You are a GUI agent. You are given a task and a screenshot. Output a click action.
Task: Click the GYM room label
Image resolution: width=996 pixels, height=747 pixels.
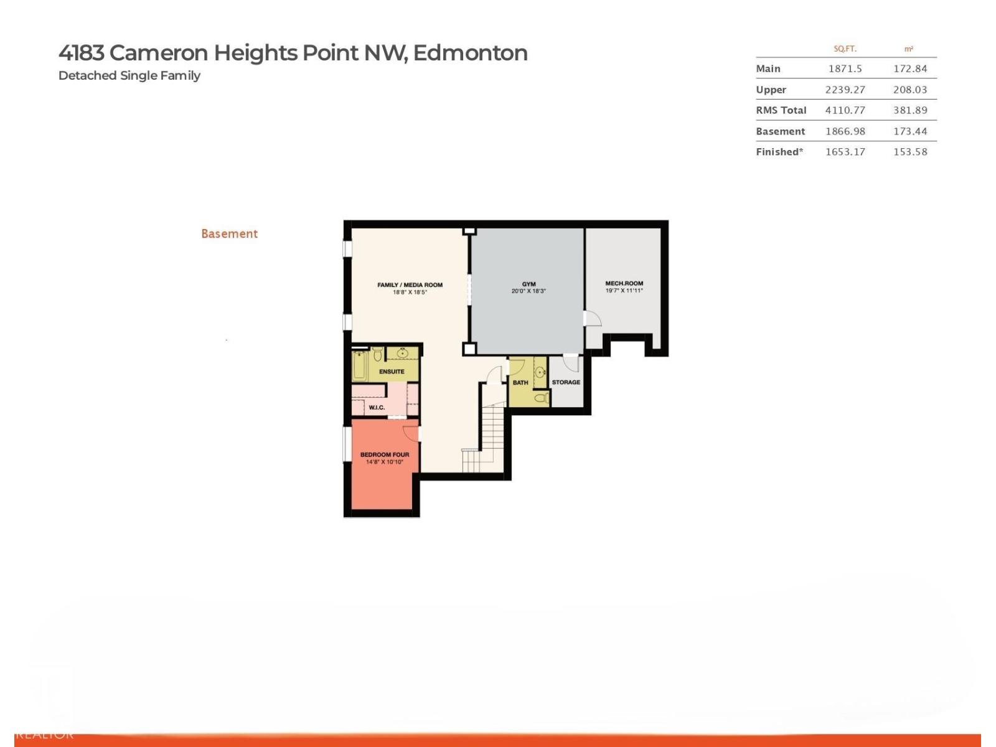click(x=529, y=284)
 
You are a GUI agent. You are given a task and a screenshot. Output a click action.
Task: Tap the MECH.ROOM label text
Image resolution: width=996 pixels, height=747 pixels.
click(x=624, y=283)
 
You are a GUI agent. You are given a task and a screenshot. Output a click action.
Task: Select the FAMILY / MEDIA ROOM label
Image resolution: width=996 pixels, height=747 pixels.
click(x=410, y=285)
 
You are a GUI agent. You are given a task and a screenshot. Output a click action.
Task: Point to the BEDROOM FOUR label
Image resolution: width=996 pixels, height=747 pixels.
click(x=385, y=454)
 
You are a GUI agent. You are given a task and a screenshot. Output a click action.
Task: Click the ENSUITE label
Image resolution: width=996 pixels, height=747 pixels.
click(x=392, y=372)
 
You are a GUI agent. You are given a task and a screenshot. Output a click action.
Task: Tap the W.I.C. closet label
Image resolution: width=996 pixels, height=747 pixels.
click(x=377, y=408)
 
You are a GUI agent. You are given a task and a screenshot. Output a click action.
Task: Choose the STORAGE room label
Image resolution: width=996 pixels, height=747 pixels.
click(x=566, y=382)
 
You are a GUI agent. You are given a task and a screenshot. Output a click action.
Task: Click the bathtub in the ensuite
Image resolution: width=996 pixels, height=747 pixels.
click(x=359, y=366)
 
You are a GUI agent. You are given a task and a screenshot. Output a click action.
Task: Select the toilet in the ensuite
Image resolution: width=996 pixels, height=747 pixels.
click(x=378, y=355)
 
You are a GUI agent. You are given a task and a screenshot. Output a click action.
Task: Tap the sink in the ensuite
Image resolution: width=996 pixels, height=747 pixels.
click(x=402, y=354)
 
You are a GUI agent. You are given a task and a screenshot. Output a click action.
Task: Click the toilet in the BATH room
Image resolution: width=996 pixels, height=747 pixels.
click(x=540, y=397)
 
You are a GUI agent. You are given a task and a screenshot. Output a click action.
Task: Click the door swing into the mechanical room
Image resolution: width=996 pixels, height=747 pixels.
click(x=593, y=318)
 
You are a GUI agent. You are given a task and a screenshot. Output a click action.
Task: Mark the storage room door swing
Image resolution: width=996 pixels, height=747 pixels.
click(x=571, y=363)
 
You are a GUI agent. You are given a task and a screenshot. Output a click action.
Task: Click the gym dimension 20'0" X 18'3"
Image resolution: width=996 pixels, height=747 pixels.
click(x=529, y=291)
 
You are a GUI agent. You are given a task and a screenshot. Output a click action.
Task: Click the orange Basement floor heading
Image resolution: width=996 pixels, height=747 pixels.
click(x=229, y=234)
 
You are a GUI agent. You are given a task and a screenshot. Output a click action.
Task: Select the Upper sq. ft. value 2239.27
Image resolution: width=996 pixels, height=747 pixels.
click(x=845, y=90)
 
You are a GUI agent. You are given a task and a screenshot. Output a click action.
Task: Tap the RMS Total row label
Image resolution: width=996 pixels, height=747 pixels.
click(x=781, y=110)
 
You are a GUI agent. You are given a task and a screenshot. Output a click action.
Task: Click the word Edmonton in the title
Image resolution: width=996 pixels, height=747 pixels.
click(x=470, y=53)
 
